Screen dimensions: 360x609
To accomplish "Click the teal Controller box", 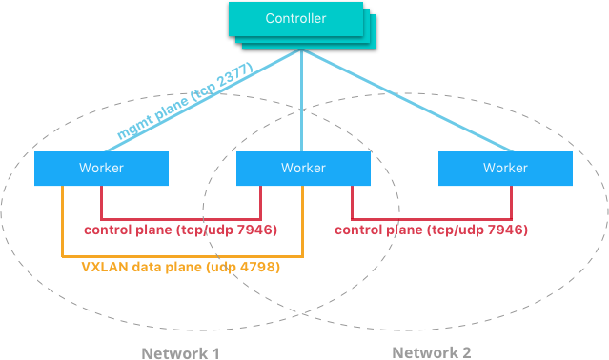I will (x=294, y=19).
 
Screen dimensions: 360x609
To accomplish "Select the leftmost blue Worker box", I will (x=101, y=168).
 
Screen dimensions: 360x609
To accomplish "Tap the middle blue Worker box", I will (x=303, y=168).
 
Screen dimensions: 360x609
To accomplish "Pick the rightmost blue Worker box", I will (x=505, y=168).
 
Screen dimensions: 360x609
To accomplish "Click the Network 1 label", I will (x=180, y=352).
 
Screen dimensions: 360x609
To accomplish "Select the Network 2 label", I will (x=431, y=352).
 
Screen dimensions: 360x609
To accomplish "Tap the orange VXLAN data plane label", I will (x=182, y=268).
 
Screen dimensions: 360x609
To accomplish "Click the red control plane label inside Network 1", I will (x=180, y=230).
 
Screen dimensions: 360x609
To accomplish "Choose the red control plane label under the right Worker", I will (x=432, y=230).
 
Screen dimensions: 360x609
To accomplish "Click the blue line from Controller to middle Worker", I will (x=302, y=105).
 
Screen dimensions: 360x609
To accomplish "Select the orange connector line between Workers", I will (x=181, y=256).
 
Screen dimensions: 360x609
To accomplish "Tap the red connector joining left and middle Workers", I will (x=181, y=218).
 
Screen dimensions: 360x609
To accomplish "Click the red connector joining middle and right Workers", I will (x=432, y=218).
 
